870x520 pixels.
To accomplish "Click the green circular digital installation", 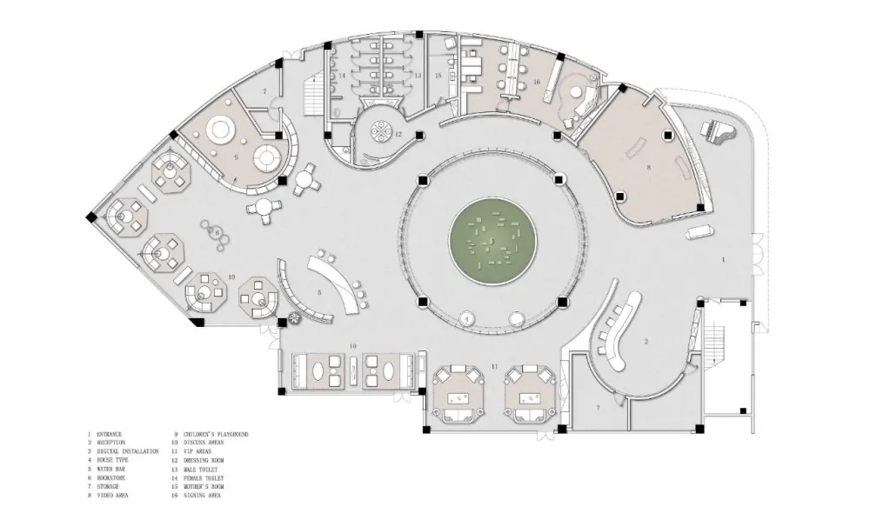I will [x=491, y=240].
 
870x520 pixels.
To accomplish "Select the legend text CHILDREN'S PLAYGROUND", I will [x=216, y=434].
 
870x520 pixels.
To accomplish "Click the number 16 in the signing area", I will [x=537, y=82].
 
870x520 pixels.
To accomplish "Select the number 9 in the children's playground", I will [x=236, y=157].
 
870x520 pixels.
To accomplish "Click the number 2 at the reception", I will [x=646, y=342].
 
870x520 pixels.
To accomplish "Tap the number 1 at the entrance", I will [x=723, y=260].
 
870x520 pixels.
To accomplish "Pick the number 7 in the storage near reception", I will [x=598, y=407].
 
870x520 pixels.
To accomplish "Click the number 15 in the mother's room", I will [x=438, y=77].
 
